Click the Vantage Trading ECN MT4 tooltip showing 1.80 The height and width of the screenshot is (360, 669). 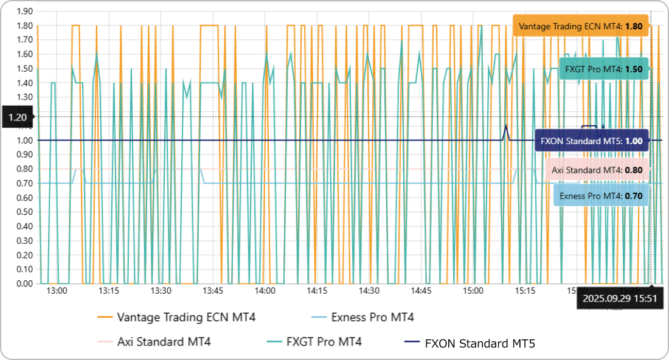coord(580,27)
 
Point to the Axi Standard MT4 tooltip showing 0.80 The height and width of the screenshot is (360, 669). coord(597,170)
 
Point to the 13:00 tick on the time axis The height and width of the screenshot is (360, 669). coord(57,291)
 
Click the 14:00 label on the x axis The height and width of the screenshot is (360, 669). coord(265,291)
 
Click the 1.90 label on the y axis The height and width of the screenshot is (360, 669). coord(25,12)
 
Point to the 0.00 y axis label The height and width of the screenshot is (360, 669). coord(25,283)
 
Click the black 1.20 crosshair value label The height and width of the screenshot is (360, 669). coord(18,117)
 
